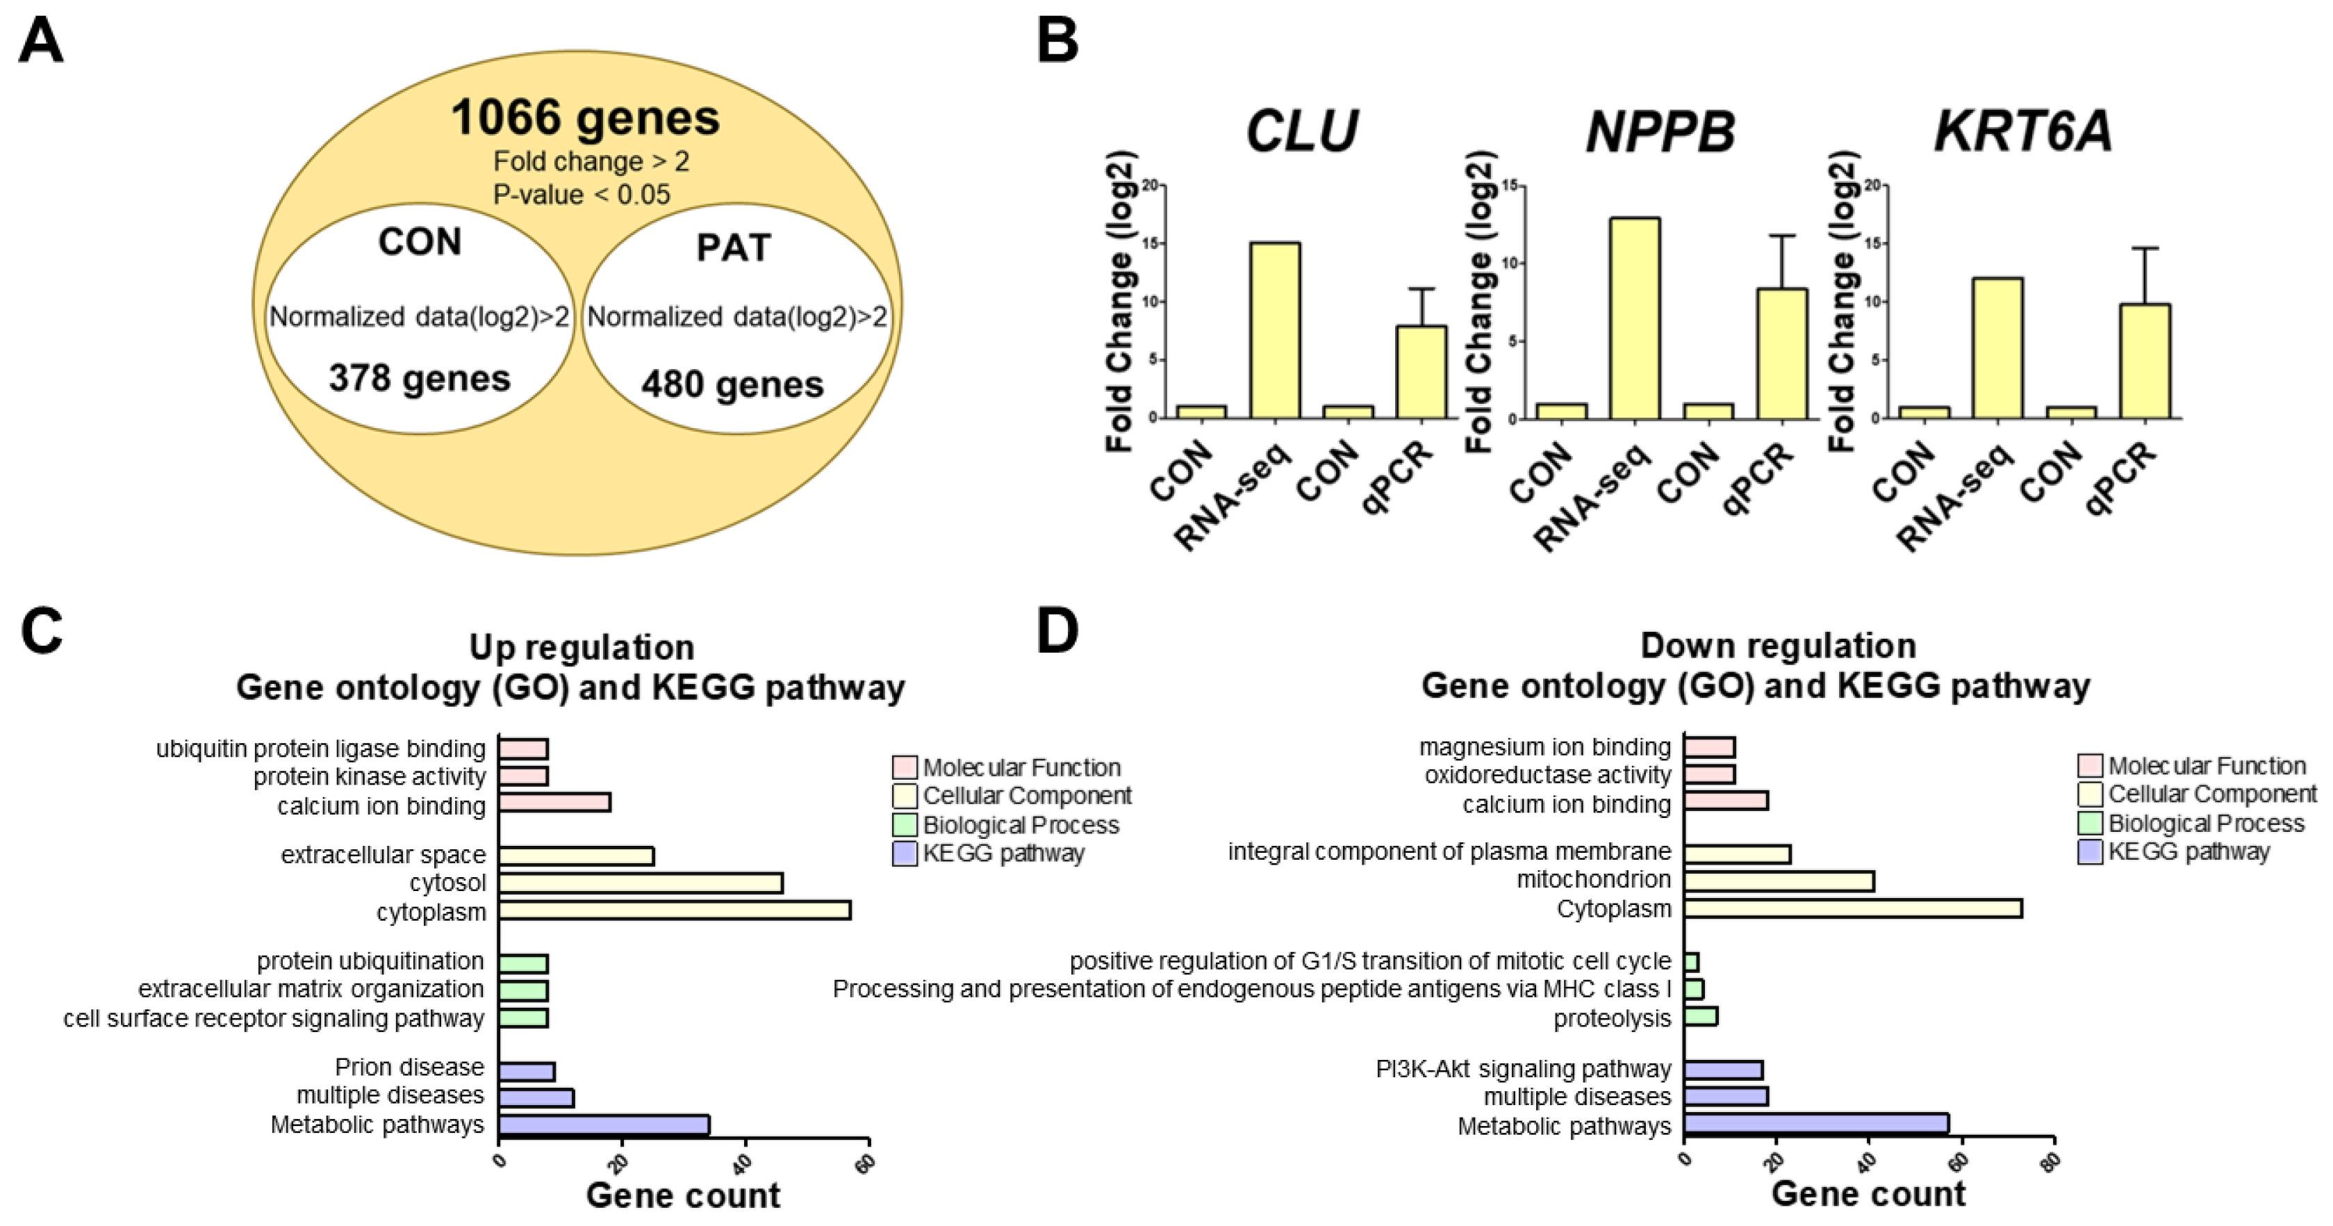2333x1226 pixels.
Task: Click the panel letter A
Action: pos(41,42)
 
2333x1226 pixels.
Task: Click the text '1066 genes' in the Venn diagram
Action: pos(585,117)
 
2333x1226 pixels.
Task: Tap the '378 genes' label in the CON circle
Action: pos(420,378)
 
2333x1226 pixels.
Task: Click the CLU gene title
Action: pos(1301,131)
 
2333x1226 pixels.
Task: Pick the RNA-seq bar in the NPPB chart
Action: pos(1634,318)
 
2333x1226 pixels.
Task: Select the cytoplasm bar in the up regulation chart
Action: pos(674,910)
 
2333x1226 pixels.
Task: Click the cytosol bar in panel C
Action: pos(641,883)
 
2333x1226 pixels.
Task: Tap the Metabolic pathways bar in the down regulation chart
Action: pos(1816,1124)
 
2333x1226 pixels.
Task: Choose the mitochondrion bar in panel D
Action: pos(1779,880)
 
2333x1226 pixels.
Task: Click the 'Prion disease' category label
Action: pos(409,1068)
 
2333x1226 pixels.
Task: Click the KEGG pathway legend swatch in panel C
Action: pos(904,853)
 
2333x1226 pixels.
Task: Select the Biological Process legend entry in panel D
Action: pos(2205,824)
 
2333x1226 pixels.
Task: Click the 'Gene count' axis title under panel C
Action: pos(682,1196)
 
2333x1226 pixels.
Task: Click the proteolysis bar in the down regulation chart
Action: pos(1700,1016)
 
